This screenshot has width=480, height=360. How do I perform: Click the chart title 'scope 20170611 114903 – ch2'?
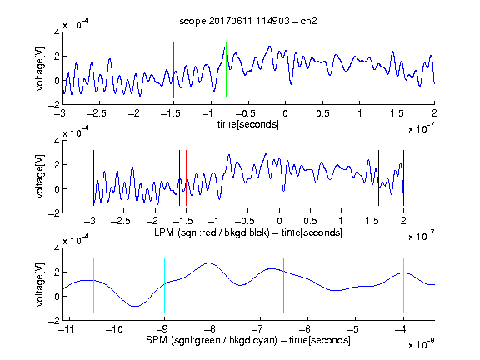(248, 21)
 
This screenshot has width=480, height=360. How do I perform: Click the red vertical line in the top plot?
(173, 70)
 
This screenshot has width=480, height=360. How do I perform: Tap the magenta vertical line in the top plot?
(397, 70)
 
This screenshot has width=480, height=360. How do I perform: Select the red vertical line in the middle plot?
(186, 177)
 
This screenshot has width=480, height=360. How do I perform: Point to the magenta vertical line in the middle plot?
(372, 177)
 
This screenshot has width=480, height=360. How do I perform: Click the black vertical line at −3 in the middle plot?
(93, 177)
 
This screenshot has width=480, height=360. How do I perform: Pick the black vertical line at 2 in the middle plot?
(403, 177)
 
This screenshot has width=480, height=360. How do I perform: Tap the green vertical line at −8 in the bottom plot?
(212, 286)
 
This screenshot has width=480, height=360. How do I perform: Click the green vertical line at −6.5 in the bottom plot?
(284, 286)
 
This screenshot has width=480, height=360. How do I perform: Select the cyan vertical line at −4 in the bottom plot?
(403, 286)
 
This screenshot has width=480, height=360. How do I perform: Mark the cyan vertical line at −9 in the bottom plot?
(165, 286)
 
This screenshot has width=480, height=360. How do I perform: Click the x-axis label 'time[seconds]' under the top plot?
(248, 125)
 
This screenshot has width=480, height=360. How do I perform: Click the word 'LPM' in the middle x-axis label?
(164, 232)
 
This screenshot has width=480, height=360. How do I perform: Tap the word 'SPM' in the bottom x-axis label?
(157, 340)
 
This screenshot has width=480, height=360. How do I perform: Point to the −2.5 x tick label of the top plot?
(97, 113)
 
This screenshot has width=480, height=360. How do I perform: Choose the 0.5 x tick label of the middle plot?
(310, 221)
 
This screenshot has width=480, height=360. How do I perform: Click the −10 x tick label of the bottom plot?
(114, 329)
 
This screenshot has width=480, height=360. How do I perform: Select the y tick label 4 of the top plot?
(57, 32)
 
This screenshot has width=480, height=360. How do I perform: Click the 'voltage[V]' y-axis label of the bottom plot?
(40, 284)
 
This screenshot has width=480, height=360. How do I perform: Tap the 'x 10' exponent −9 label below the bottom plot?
(422, 344)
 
